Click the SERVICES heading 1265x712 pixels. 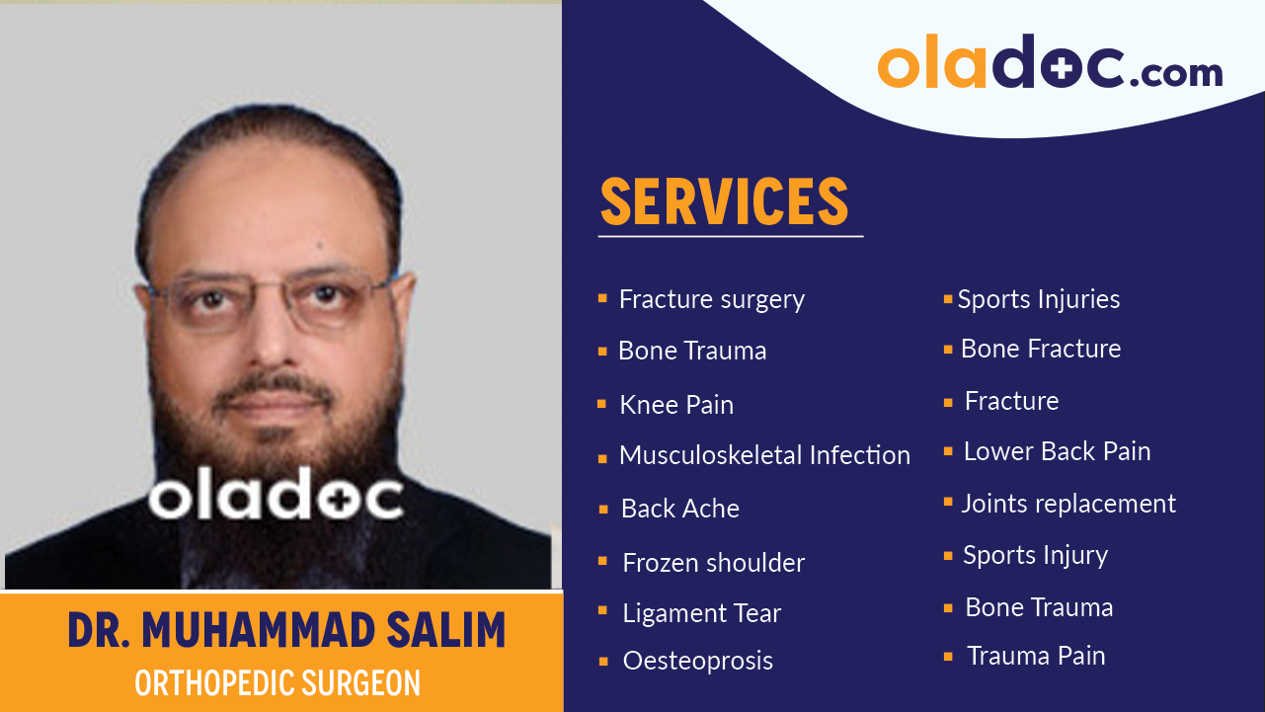tap(724, 201)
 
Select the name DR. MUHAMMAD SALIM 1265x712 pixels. tap(286, 630)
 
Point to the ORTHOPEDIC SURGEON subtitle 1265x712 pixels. tap(277, 683)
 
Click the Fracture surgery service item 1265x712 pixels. tap(711, 299)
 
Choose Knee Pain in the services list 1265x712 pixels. tap(675, 405)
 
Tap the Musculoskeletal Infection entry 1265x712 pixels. tap(764, 455)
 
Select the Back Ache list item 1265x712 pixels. tap(679, 509)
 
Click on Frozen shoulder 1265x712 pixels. tap(713, 563)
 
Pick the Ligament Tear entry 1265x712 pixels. tap(701, 613)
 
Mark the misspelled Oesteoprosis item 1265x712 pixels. tap(697, 661)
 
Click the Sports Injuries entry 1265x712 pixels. tap(1038, 299)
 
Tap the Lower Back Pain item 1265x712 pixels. tap(1057, 451)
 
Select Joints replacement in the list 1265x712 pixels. tap(1068, 504)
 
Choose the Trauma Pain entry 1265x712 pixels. tap(1036, 656)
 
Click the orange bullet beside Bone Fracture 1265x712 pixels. tap(948, 350)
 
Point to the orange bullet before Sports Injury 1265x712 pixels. tap(948, 556)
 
